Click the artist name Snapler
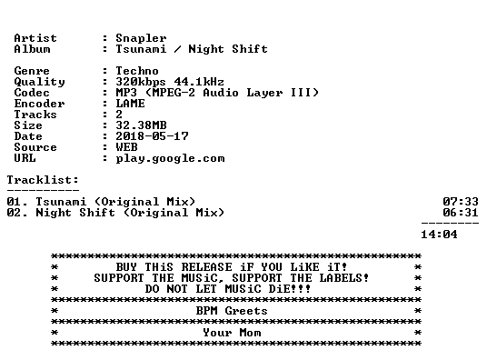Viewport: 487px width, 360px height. click(x=141, y=38)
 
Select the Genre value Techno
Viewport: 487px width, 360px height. click(x=137, y=71)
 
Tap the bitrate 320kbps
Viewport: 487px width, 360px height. click(x=141, y=82)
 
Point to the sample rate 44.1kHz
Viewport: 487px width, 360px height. click(x=199, y=82)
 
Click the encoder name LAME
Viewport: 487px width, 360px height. click(x=130, y=104)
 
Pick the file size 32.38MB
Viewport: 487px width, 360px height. click(x=141, y=125)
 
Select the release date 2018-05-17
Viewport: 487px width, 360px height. click(x=152, y=136)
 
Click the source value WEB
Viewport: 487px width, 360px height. click(x=126, y=147)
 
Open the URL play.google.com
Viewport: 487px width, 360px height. click(x=170, y=158)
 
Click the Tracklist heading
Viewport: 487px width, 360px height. click(x=43, y=180)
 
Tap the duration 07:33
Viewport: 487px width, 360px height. click(x=461, y=202)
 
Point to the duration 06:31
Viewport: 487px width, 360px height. click(x=461, y=213)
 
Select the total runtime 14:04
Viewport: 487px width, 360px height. click(x=439, y=235)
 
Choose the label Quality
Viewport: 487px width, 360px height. click(x=39, y=82)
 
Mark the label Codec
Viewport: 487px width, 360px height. click(x=32, y=93)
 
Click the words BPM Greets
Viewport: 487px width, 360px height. click(x=232, y=311)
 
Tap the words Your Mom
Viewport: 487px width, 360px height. click(x=232, y=333)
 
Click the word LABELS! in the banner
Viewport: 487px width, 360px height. click(x=344, y=278)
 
